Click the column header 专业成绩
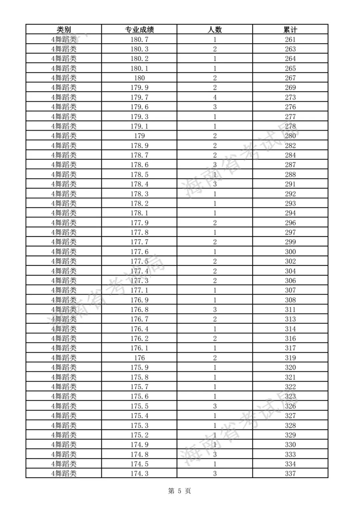coord(139,30)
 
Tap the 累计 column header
coord(290,30)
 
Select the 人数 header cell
coord(215,30)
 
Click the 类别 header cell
coord(64,30)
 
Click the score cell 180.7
coord(139,39)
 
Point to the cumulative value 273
coord(290,97)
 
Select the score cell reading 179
coord(139,136)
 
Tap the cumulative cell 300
coord(290,252)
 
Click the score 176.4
coord(139,329)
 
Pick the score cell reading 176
coord(139,358)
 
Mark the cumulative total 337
coord(290,474)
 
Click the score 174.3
coord(139,474)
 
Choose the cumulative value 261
coord(290,39)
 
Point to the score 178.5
coord(139,175)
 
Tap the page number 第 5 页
coord(180,491)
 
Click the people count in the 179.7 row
coord(215,97)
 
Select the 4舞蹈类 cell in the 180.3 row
coord(64,49)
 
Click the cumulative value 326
coord(290,406)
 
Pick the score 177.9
coord(139,223)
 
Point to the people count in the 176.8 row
coord(215,310)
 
